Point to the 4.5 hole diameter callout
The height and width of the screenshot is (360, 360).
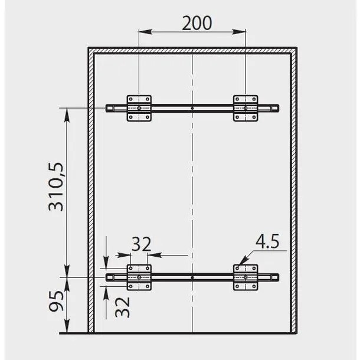pos(267,241)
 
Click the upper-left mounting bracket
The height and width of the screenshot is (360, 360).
pos(139,109)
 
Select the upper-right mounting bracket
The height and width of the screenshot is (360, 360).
pos(246,109)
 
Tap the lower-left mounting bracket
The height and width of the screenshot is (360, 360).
pos(139,277)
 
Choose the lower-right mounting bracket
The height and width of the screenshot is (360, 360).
pos(246,277)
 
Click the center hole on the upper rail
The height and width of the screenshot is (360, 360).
pos(193,109)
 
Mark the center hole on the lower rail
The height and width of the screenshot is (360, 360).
pos(193,277)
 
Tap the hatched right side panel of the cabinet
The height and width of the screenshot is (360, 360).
pos(292,189)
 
